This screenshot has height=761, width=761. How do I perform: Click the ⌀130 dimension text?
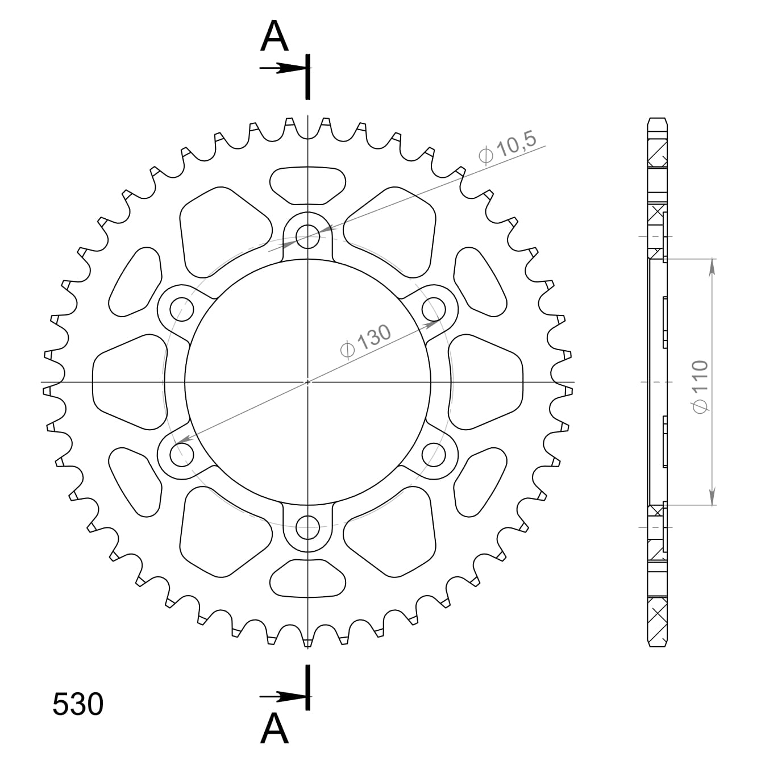(x=365, y=342)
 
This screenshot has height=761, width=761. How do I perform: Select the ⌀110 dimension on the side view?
(x=700, y=386)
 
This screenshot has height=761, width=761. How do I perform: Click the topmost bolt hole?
(x=308, y=236)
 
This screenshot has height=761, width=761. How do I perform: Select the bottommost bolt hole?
(x=308, y=527)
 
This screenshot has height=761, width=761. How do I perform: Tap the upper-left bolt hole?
(x=182, y=309)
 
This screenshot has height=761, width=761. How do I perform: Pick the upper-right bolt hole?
(x=434, y=309)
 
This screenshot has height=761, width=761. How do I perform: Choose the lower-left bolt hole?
(x=182, y=454)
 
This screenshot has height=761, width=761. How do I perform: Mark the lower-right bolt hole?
(x=434, y=454)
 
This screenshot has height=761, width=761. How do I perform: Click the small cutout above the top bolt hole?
(x=307, y=185)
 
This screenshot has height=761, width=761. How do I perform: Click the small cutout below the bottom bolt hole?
(x=307, y=578)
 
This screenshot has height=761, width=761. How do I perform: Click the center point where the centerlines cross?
(x=308, y=381)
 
